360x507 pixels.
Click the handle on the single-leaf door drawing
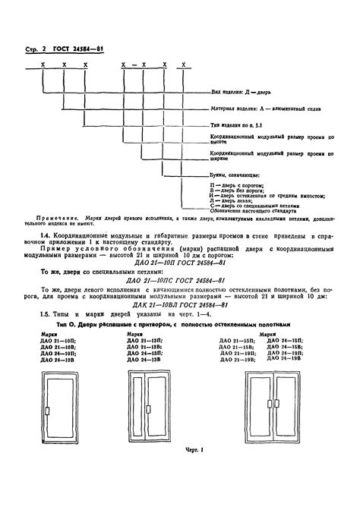(x=47, y=433)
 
